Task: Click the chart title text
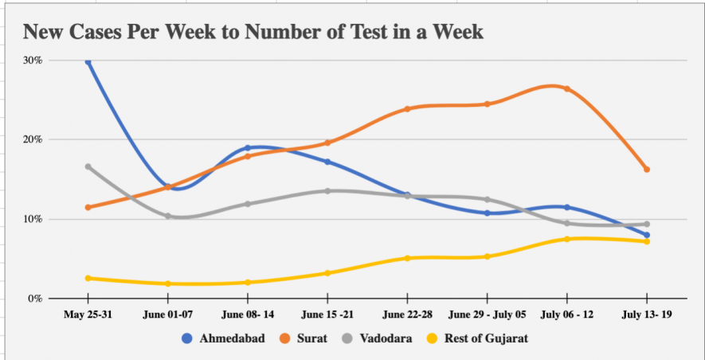253,32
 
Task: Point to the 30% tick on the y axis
33,61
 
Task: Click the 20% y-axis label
33,139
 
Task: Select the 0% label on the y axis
35,299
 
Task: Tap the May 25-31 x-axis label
88,315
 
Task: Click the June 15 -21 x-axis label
327,315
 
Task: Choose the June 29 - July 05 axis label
487,315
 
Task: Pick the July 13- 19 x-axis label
646,315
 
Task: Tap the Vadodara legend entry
378,338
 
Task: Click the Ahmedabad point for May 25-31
88,61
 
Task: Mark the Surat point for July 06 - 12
566,88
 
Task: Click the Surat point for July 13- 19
646,169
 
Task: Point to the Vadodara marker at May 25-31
88,166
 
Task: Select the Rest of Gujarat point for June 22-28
407,258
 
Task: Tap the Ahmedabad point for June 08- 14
248,148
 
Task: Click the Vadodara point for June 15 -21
327,191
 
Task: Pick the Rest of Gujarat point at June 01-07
168,284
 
